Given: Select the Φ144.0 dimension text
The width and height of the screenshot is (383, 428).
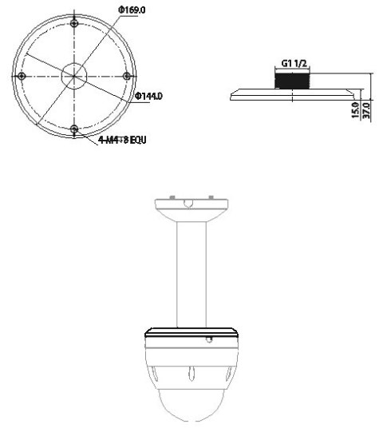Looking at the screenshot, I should pos(148,97).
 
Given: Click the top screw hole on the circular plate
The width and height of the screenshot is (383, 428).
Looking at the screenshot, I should pos(73,22).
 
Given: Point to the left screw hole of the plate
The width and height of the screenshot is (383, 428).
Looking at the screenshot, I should pos(21,75).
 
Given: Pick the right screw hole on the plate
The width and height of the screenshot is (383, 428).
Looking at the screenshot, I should pos(127,75).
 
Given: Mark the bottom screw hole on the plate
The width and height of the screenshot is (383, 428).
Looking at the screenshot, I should pos(73,129).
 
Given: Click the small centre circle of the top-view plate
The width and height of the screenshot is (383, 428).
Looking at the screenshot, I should pos(73,75).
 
